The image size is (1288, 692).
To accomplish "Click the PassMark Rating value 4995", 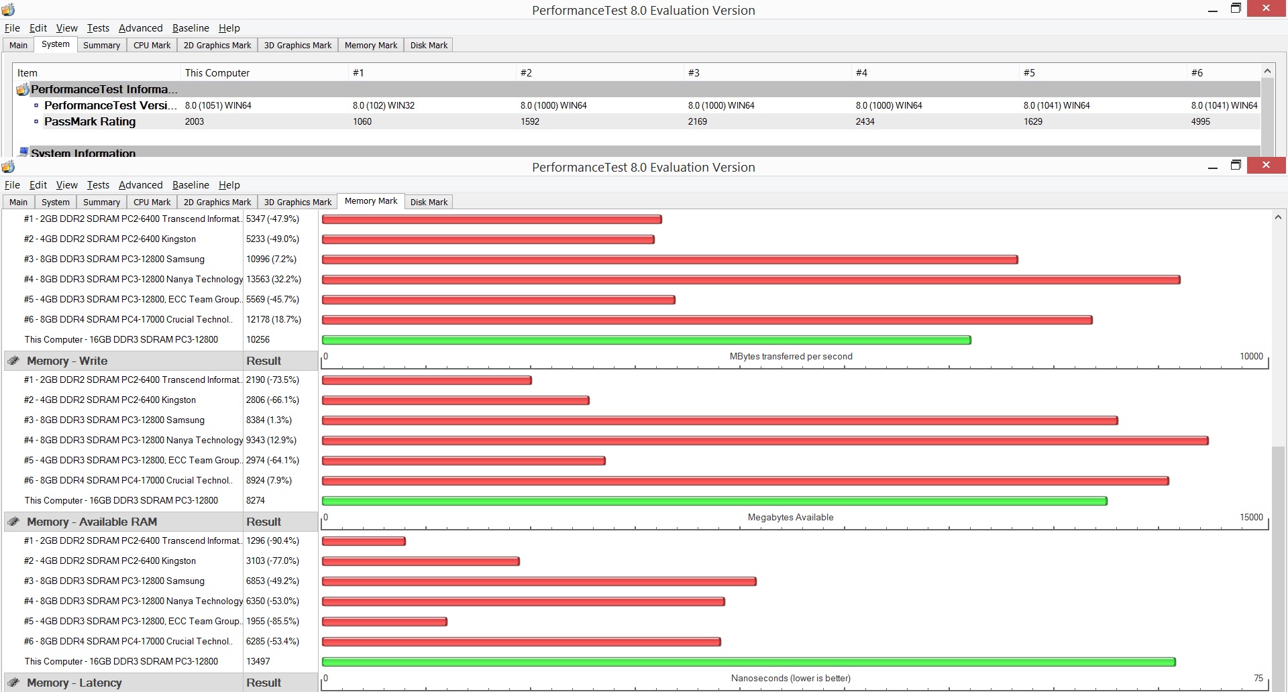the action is [x=1200, y=121].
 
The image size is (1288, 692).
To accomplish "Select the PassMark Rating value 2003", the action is [x=195, y=121].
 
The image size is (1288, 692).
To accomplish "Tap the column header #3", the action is [x=694, y=72].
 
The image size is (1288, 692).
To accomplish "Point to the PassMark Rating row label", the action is [x=90, y=121].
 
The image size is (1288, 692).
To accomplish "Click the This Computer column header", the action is [x=217, y=72].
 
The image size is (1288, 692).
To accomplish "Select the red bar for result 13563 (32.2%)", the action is [x=751, y=280].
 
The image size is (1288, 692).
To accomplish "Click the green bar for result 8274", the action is [x=714, y=501].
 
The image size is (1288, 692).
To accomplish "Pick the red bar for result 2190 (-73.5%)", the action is [x=427, y=380].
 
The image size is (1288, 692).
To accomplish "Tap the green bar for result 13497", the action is [x=749, y=662].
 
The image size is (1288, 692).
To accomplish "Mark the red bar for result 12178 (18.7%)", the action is [x=707, y=320].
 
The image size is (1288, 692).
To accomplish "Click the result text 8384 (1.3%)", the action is [x=269, y=420].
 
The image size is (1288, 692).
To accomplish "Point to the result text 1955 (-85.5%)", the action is [x=272, y=621].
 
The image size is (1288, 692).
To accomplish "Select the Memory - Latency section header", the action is [x=74, y=683].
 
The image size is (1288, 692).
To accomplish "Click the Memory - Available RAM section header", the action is [x=92, y=522].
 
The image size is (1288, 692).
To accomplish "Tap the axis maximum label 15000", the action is [x=1251, y=517].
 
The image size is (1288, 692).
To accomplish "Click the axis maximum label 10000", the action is [x=1251, y=356].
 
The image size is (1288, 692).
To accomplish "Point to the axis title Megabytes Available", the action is [x=790, y=517].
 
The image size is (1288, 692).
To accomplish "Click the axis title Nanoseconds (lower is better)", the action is [x=790, y=678].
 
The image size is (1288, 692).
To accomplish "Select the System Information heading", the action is [x=83, y=153].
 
